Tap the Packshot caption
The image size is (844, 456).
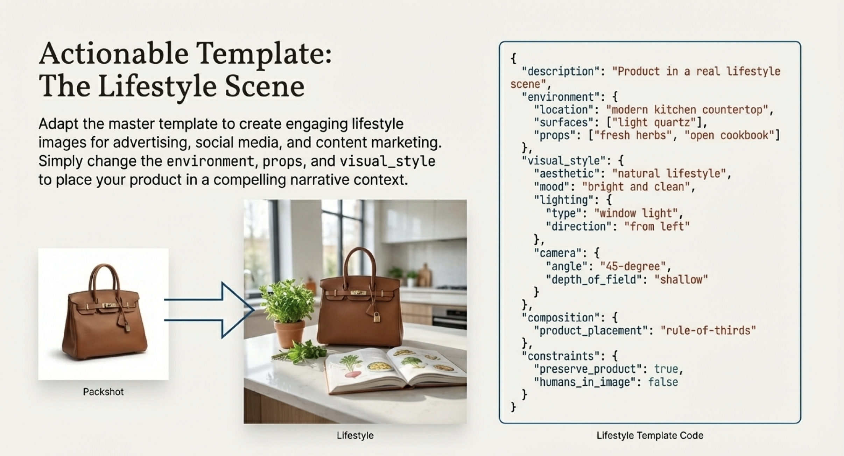click(x=103, y=392)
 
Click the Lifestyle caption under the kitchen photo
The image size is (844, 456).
click(x=355, y=435)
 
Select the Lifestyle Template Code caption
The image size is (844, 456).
click(x=650, y=435)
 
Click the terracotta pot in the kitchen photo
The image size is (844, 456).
click(x=289, y=334)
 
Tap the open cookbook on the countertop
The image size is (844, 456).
click(x=395, y=371)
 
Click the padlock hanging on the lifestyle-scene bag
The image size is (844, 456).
click(x=377, y=317)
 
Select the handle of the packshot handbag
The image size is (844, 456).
click(x=104, y=278)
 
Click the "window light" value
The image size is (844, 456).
click(x=636, y=213)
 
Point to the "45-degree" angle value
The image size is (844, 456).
click(x=633, y=266)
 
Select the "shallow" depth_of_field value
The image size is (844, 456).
click(x=681, y=279)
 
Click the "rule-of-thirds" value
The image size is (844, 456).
click(x=708, y=330)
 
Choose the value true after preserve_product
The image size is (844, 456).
click(x=666, y=369)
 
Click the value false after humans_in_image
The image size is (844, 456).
click(x=663, y=382)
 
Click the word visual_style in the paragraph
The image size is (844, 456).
click(x=387, y=161)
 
